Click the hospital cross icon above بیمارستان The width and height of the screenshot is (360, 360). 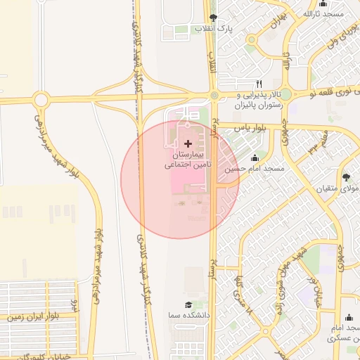(188, 143)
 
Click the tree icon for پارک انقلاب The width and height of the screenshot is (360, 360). (213, 17)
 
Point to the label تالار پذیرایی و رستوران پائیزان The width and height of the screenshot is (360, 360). (257, 99)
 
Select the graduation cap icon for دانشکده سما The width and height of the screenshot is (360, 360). (188, 304)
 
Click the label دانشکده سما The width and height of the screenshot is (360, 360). (187, 316)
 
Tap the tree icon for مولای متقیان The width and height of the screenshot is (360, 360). (346, 177)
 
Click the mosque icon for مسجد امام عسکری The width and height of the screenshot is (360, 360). (349, 318)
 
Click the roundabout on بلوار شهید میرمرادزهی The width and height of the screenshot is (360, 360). (41, 100)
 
